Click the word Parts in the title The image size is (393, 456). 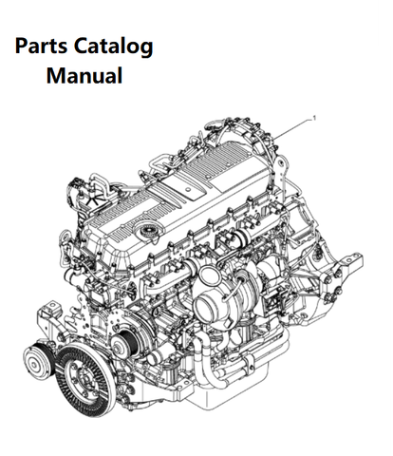coord(41,47)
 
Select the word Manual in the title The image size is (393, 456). coord(84,75)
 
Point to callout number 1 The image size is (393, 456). coord(314,118)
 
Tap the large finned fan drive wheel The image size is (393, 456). coord(85,379)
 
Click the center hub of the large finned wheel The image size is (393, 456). coord(84,379)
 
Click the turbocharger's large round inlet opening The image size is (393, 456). coord(208,305)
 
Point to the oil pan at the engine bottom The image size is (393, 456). coord(221,397)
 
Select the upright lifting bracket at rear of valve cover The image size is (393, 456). coord(281,171)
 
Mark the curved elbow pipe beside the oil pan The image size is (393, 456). coord(209,369)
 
